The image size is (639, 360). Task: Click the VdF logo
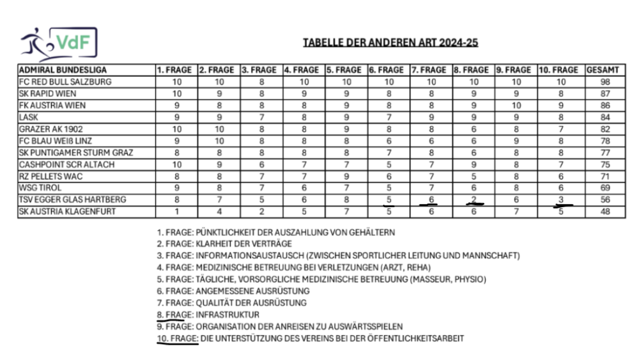pos(58,43)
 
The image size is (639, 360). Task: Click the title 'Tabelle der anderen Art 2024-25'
pos(390,43)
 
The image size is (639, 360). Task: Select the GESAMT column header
pos(604,70)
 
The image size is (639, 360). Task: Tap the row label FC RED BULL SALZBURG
pos(65,82)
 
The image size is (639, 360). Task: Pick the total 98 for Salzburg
pos(604,82)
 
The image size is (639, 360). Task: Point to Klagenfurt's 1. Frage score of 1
pos(176,212)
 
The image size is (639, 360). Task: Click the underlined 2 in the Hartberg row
pos(473,200)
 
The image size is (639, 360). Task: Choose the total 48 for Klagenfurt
pos(604,212)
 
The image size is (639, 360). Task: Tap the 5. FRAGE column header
pos(346,70)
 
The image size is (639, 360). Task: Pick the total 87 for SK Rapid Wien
pos(604,93)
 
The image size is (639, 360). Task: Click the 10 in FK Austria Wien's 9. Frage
pos(516,105)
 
